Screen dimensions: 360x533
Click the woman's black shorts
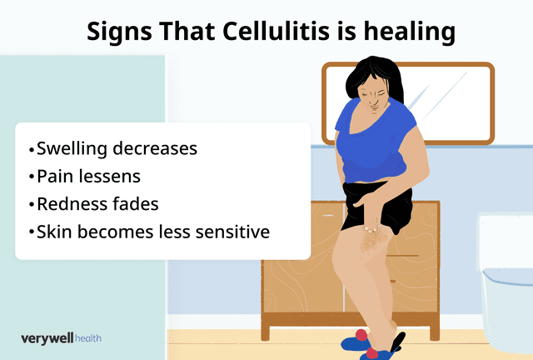tap(391, 208)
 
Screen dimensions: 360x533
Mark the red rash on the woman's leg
tap(371, 242)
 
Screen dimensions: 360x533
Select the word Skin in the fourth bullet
tap(54, 232)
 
